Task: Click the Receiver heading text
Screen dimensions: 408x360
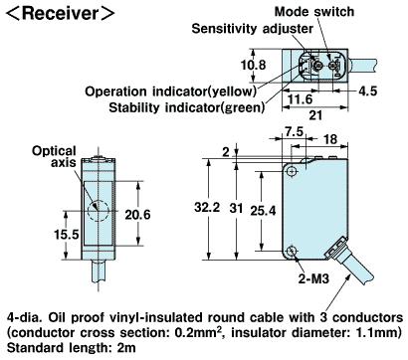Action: point(60,14)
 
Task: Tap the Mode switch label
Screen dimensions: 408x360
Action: point(314,12)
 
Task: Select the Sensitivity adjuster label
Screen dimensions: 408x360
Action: point(252,29)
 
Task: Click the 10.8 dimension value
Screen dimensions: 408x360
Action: point(253,65)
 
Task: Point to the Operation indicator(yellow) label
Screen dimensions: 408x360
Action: point(170,91)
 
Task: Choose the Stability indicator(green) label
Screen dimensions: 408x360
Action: point(187,107)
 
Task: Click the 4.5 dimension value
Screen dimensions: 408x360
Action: point(368,90)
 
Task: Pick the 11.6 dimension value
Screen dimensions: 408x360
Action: point(301,98)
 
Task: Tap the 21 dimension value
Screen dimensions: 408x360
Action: point(315,115)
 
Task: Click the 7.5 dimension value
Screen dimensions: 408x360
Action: point(295,131)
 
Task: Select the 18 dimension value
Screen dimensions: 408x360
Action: point(330,139)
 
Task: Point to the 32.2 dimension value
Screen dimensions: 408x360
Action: point(207,208)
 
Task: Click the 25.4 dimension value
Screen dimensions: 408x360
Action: point(263,210)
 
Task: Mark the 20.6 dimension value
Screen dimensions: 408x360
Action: point(137,215)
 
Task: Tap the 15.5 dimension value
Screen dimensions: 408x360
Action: point(67,235)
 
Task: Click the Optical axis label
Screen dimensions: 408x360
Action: point(54,156)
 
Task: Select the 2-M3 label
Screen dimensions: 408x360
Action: point(313,278)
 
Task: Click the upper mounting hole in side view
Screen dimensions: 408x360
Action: point(292,171)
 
